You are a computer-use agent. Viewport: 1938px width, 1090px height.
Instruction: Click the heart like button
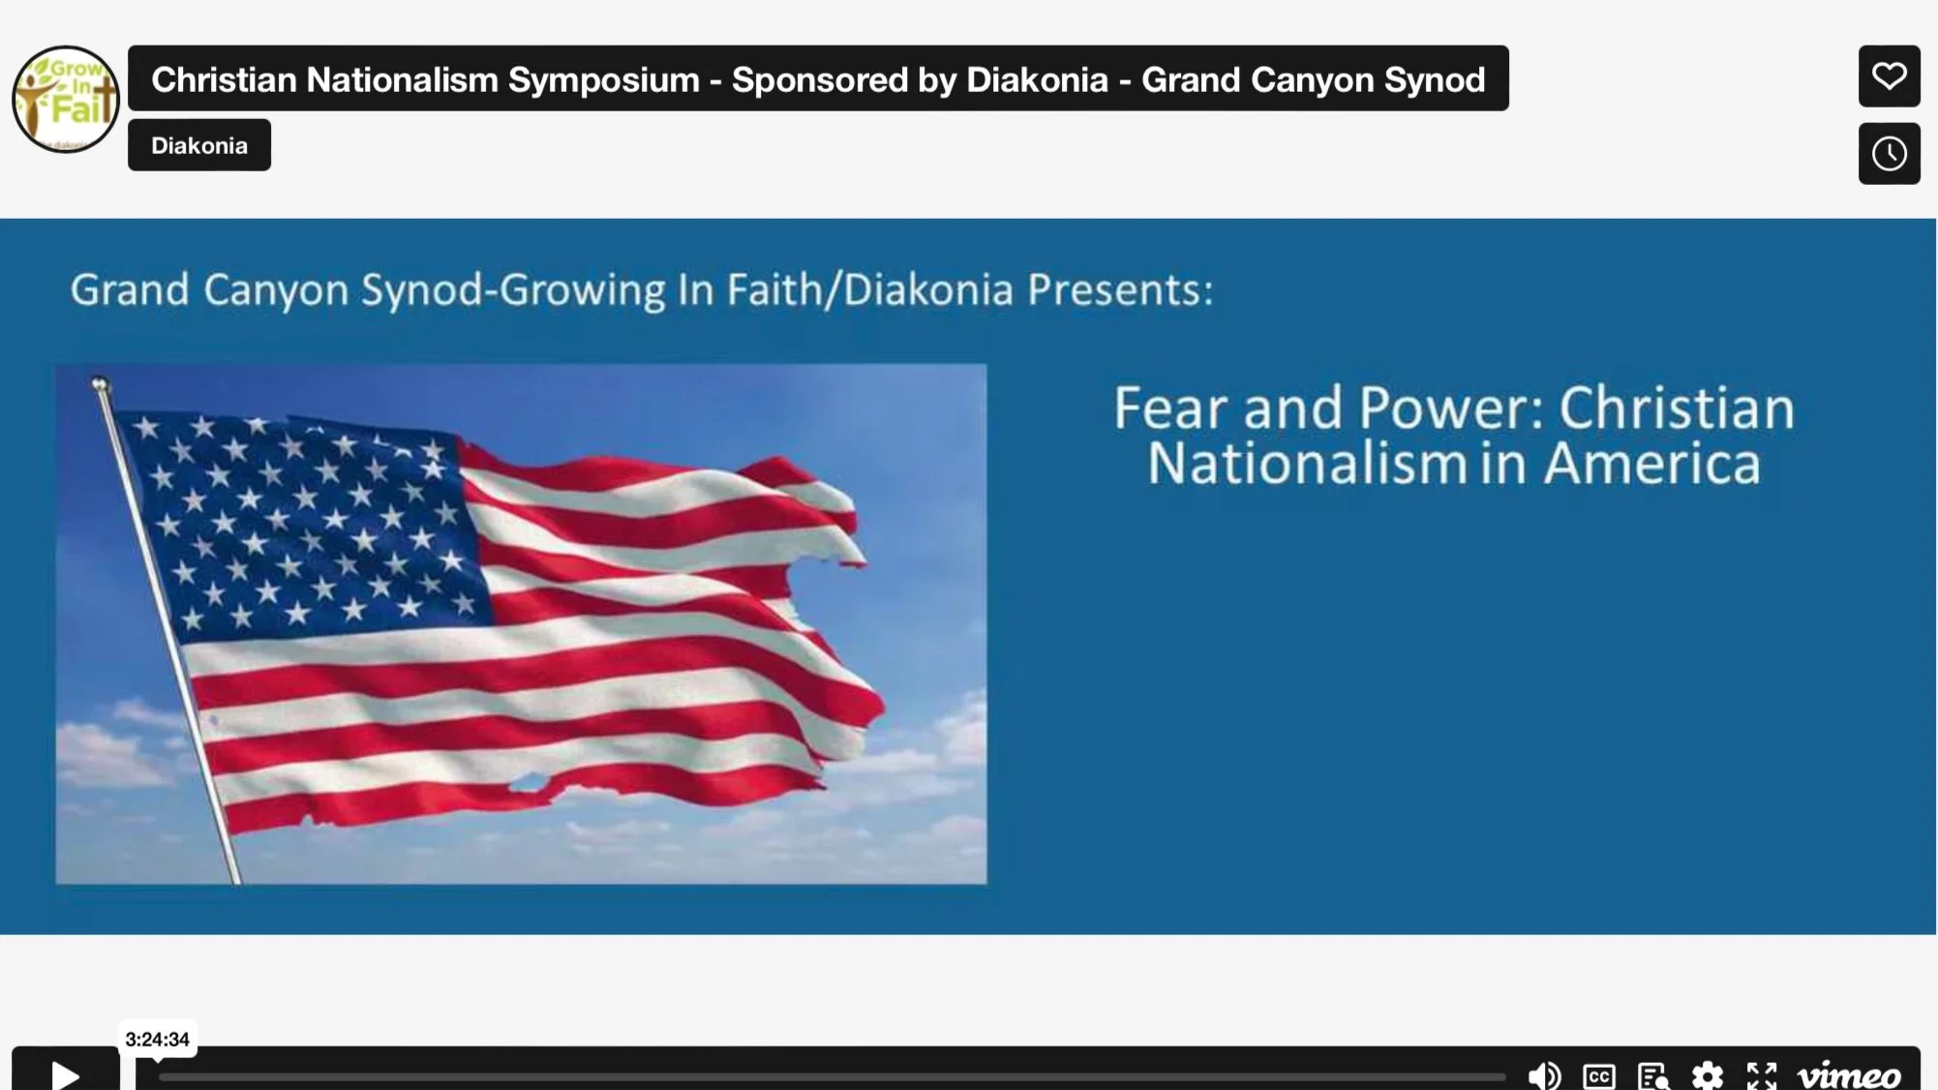tap(1889, 76)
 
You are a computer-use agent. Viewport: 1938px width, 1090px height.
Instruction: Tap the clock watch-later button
tap(1889, 153)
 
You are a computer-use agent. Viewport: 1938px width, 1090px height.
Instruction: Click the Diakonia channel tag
tap(199, 145)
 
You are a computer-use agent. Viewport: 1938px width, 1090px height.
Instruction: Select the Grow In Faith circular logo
tap(65, 99)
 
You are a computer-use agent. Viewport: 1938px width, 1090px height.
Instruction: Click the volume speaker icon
tap(1543, 1075)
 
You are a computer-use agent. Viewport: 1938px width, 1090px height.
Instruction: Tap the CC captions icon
tap(1598, 1075)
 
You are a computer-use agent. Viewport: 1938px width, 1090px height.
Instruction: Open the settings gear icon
tap(1707, 1075)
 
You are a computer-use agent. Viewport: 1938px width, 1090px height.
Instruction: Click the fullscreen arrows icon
tap(1761, 1075)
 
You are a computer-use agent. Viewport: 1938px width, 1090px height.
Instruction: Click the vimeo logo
tap(1848, 1075)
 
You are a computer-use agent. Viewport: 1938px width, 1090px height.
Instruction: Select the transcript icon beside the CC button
tap(1652, 1075)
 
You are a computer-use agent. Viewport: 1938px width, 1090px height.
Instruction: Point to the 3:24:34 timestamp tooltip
tap(158, 1040)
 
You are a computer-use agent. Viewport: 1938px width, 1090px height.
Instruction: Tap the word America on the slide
tap(1651, 464)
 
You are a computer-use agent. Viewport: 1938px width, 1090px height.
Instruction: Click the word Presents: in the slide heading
tap(1119, 289)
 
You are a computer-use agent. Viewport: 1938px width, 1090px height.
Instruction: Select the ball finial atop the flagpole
tap(99, 384)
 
